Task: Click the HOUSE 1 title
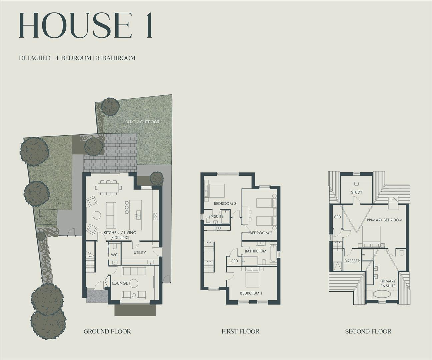coord(86,26)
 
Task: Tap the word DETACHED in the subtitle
coord(35,58)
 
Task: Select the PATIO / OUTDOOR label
coord(142,122)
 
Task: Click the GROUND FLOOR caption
coord(107,331)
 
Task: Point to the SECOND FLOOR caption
coord(368,331)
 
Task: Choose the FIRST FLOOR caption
coord(240,331)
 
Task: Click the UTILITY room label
coord(140,253)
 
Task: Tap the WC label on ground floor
coord(114,255)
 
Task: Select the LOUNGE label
coord(120,283)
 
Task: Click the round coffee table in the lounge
coord(134,283)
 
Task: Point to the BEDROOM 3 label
coord(225,204)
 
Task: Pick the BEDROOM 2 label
coord(261,233)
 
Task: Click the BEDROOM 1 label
coord(251,293)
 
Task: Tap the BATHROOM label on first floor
coord(256,251)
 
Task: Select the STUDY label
coord(356,192)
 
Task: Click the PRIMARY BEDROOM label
coord(385,220)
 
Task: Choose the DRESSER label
coord(352,261)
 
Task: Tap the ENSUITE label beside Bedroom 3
coord(216,217)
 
